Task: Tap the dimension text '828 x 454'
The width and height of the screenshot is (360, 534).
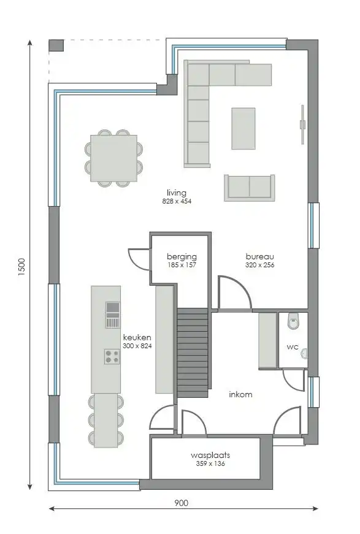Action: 177,201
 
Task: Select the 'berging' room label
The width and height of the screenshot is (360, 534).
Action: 182,256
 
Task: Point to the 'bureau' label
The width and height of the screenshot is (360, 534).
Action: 259,256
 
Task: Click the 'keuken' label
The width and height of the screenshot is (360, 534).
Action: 137,337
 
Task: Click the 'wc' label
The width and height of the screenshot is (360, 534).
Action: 293,346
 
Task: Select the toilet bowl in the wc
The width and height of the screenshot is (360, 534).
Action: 293,319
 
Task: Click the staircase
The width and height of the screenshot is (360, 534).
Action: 193,353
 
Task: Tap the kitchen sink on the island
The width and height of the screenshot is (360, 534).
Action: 112,315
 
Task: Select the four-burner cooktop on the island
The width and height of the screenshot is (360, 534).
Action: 112,356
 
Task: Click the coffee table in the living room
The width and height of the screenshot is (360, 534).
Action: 243,128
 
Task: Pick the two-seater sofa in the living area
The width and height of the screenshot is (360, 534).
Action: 249,187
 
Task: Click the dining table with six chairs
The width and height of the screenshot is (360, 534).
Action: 112,158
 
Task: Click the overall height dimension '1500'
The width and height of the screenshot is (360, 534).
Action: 22,267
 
